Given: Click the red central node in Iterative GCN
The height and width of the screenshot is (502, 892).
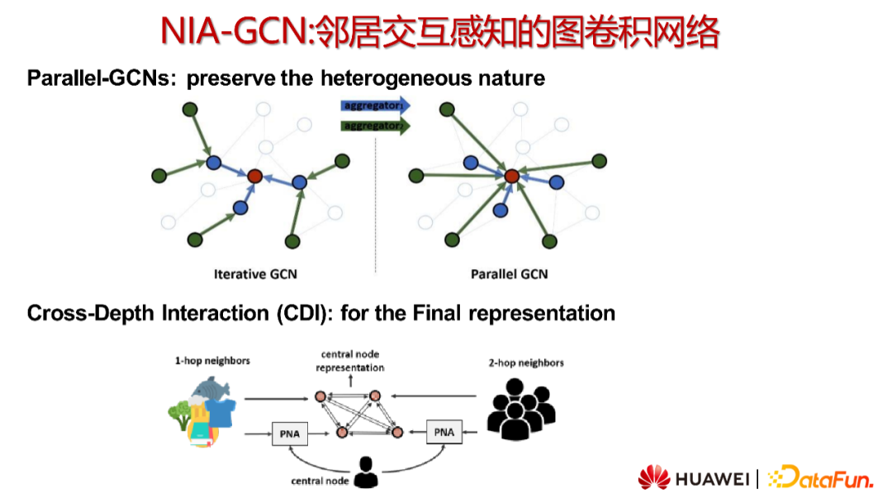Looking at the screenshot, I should pyautogui.click(x=254, y=176).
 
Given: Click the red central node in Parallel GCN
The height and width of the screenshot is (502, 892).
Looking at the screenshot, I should pyautogui.click(x=512, y=176).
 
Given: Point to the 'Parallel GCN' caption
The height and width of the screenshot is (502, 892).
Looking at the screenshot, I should pyautogui.click(x=509, y=274).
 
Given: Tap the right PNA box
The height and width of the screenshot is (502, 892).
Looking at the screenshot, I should pyautogui.click(x=444, y=432).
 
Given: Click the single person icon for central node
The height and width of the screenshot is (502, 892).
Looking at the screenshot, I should pyautogui.click(x=366, y=472).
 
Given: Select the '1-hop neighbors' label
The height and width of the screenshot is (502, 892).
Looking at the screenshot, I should pyautogui.click(x=212, y=362).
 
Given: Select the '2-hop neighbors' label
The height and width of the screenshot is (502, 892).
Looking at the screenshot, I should pyautogui.click(x=526, y=362).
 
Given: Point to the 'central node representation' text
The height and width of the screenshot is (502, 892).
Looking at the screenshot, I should pyautogui.click(x=350, y=361).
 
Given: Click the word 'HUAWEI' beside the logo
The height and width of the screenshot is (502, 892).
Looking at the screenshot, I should pyautogui.click(x=712, y=479).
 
